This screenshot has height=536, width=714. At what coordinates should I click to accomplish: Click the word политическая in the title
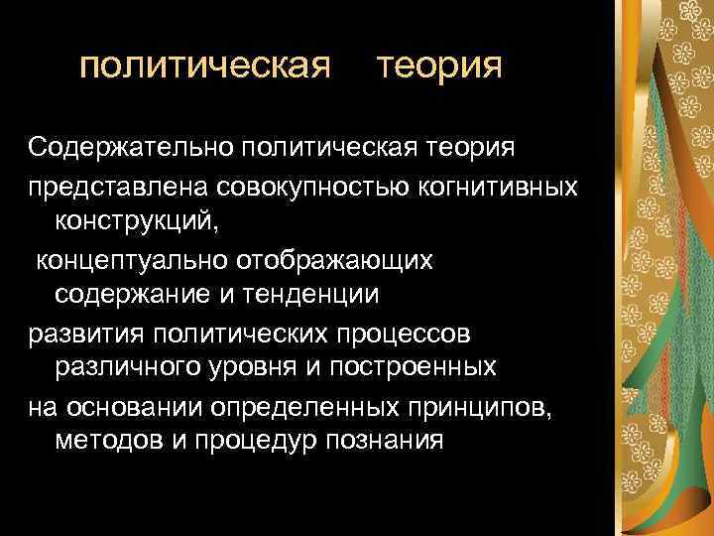(x=204, y=67)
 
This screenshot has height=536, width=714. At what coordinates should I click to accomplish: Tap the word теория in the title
(x=440, y=67)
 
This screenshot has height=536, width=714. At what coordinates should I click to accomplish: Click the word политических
(x=253, y=332)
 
